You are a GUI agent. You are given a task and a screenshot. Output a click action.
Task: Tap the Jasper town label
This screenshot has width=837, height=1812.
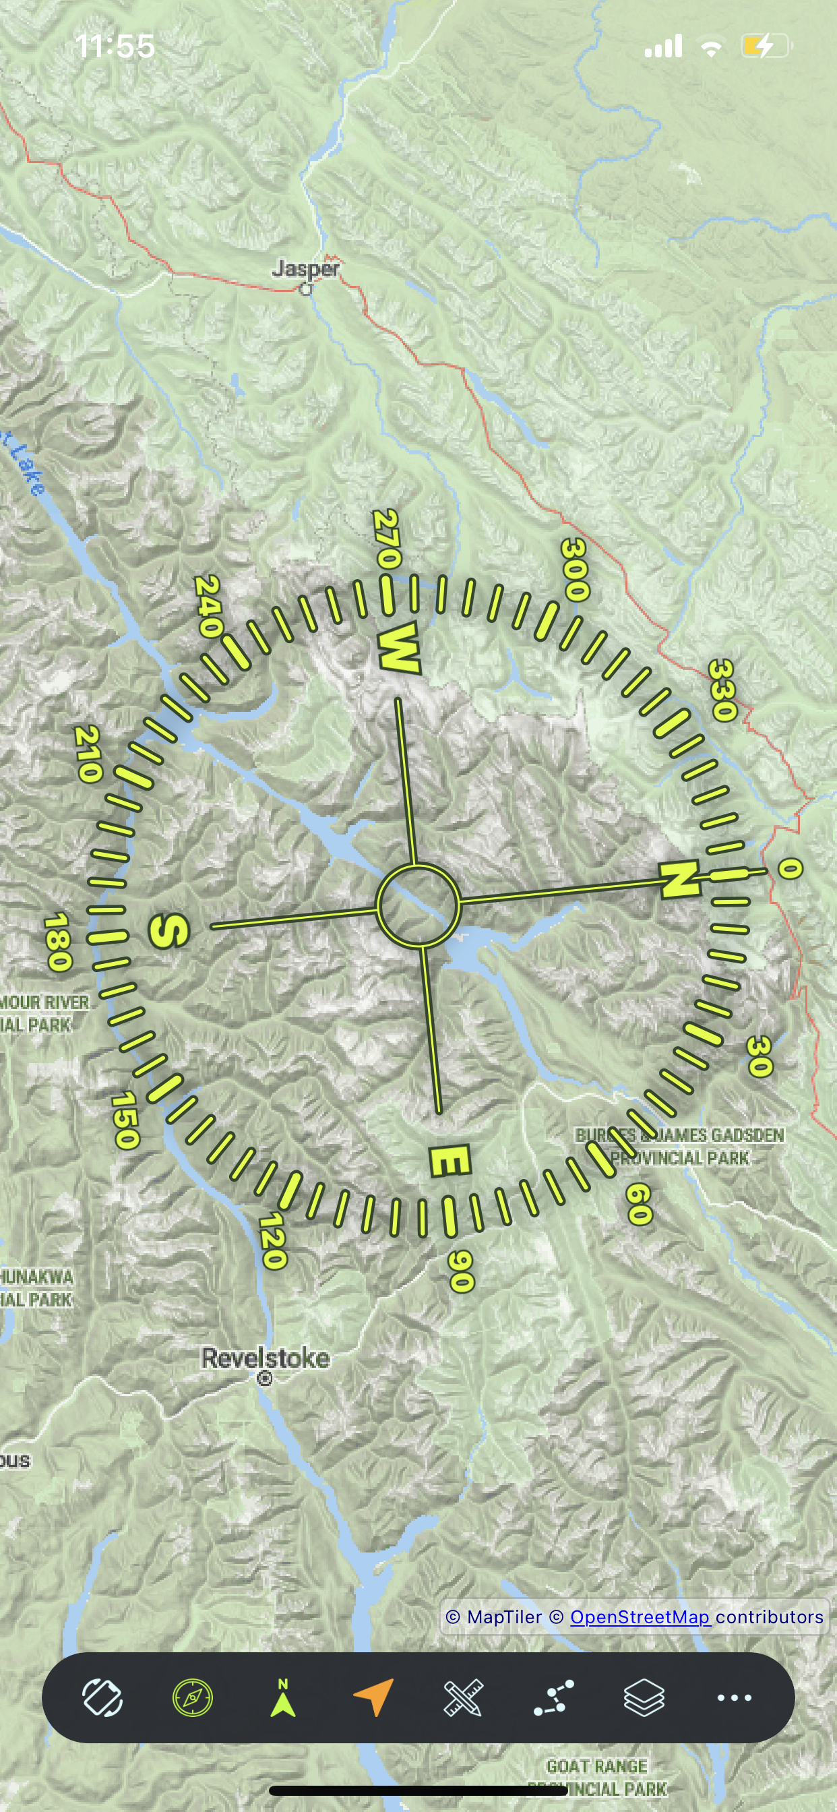(305, 269)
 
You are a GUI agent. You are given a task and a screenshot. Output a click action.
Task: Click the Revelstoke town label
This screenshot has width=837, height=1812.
(265, 1358)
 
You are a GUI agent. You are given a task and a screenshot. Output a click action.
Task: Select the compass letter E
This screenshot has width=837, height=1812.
(449, 1161)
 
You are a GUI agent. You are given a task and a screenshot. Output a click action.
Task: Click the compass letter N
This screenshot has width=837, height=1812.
(679, 879)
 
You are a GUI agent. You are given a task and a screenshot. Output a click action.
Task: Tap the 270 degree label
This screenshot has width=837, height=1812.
(387, 539)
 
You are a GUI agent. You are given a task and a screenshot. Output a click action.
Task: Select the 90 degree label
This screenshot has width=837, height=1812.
(461, 1271)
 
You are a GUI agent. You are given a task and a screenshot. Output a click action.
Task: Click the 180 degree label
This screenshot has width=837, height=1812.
(58, 942)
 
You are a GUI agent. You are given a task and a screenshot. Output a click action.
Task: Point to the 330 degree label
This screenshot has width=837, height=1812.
(722, 690)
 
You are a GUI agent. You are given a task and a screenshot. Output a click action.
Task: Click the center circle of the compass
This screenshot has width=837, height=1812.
(418, 905)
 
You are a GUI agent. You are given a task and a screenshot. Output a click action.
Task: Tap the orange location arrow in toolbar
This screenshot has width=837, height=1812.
(373, 1697)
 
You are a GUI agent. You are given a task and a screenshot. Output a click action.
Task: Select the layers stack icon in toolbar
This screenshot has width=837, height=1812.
(644, 1697)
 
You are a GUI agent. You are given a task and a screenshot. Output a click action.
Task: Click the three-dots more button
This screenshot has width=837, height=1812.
(734, 1697)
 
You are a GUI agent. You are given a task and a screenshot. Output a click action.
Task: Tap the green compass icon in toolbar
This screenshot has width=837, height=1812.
(193, 1697)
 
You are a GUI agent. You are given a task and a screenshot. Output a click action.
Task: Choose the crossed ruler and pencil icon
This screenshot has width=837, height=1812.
(464, 1697)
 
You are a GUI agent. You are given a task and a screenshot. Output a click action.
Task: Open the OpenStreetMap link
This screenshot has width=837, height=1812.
(640, 1617)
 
